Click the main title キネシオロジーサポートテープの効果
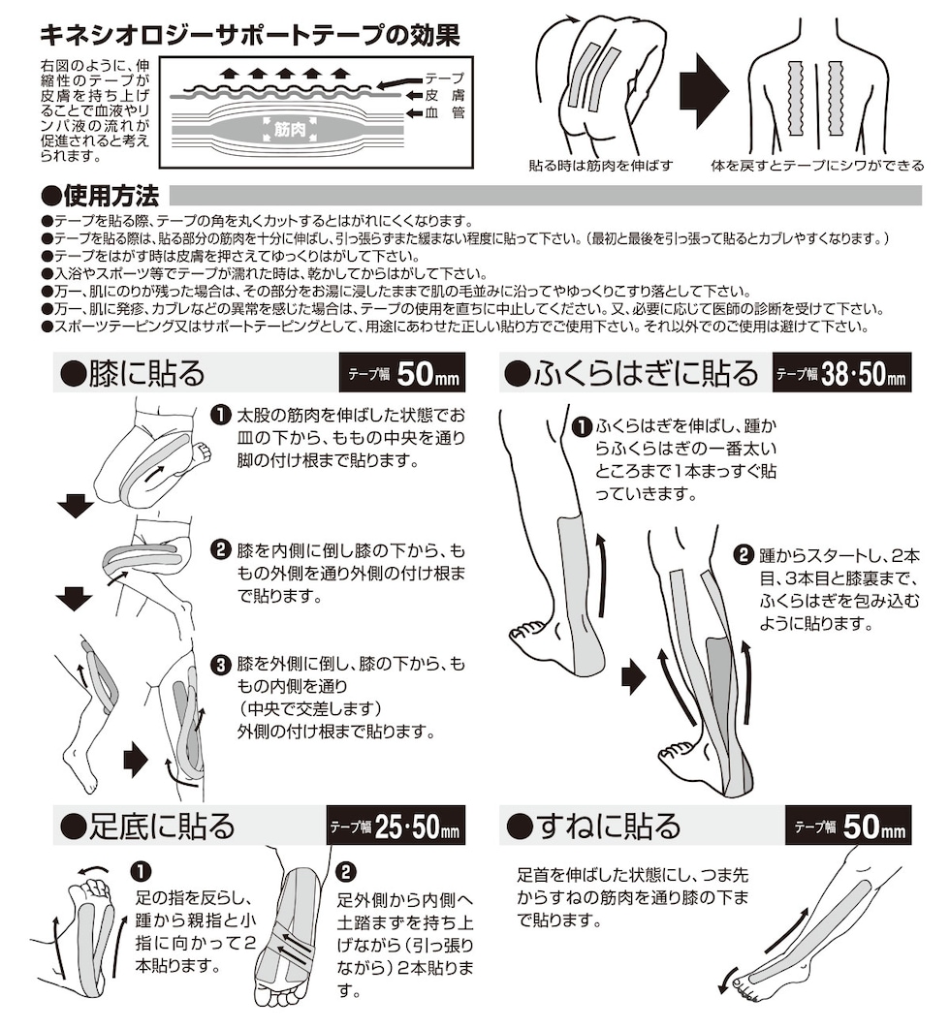click(x=247, y=36)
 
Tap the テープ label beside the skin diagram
click(x=445, y=78)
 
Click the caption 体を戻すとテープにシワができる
click(x=816, y=166)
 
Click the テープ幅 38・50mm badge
click(x=840, y=372)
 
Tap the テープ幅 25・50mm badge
click(x=396, y=826)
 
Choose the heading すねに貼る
click(x=594, y=826)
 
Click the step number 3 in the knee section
click(x=221, y=665)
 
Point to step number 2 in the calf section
click(x=744, y=555)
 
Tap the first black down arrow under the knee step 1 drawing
click(x=75, y=505)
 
